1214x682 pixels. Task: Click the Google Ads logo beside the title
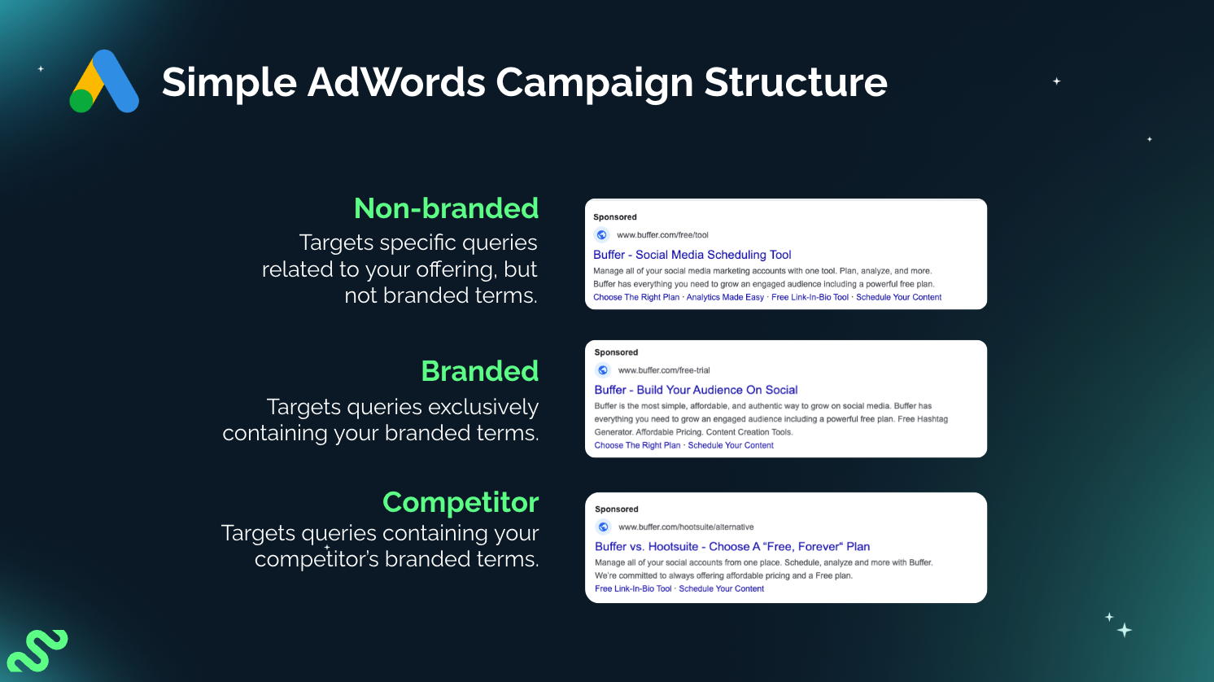pyautogui.click(x=104, y=81)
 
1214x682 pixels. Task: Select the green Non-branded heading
pyautogui.click(x=446, y=208)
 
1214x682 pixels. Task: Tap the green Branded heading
pyautogui.click(x=479, y=371)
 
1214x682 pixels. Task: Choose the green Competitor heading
pyautogui.click(x=461, y=502)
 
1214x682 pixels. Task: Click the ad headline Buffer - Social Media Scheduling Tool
pyautogui.click(x=692, y=255)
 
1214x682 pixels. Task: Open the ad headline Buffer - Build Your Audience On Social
pyautogui.click(x=696, y=390)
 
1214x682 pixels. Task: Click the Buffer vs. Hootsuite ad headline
pyautogui.click(x=732, y=547)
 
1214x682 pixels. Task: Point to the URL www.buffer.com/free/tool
pyautogui.click(x=662, y=235)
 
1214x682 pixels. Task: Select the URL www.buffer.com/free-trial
pyautogui.click(x=664, y=370)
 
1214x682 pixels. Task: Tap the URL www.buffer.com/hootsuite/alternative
pyautogui.click(x=686, y=527)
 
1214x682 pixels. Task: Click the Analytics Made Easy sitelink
pyautogui.click(x=725, y=298)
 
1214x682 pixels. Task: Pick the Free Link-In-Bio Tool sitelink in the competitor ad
pyautogui.click(x=633, y=589)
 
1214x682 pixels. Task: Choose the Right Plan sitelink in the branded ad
pyautogui.click(x=637, y=446)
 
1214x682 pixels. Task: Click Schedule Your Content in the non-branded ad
pyautogui.click(x=898, y=298)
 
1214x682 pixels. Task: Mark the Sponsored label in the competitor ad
pyautogui.click(x=616, y=509)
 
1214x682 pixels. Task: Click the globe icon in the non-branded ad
pyautogui.click(x=602, y=235)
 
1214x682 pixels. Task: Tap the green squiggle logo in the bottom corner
pyautogui.click(x=37, y=650)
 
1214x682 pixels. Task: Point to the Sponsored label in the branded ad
pyautogui.click(x=616, y=352)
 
